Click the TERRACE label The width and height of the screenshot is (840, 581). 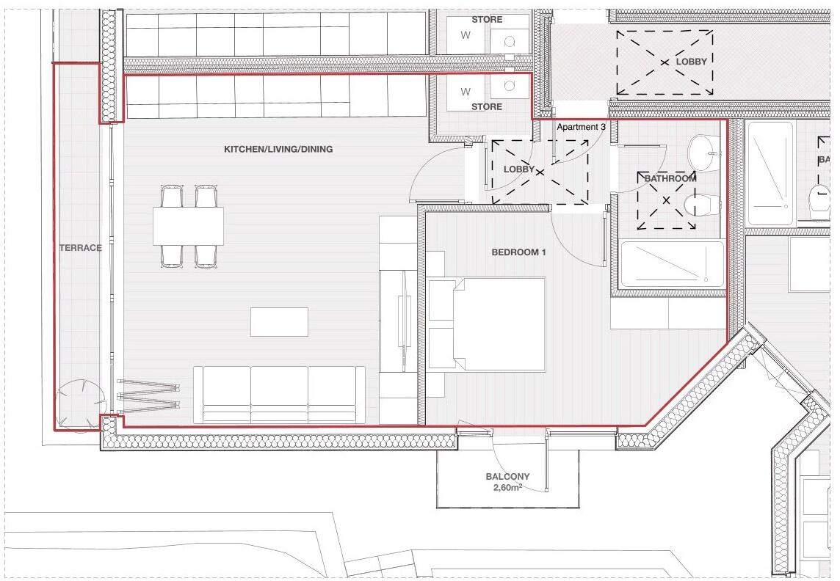tap(80, 248)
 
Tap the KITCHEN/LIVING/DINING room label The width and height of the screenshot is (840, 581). tap(278, 150)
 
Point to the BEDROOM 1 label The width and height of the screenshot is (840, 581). tap(518, 252)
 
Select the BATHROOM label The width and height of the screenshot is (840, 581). tap(670, 178)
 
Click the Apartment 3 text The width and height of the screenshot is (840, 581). tap(581, 127)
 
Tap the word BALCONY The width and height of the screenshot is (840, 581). tap(507, 476)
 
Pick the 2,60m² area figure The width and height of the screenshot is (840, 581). tap(507, 487)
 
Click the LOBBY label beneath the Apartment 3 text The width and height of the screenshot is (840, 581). tap(519, 169)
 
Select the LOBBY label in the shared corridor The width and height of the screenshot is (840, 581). tap(691, 62)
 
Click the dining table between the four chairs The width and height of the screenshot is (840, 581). tap(189, 226)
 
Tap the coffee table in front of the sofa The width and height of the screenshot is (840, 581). tap(279, 321)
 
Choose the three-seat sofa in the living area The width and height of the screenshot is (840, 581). tap(279, 395)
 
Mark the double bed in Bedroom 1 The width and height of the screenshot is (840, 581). tap(487, 324)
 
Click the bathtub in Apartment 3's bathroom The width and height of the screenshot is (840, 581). tap(672, 263)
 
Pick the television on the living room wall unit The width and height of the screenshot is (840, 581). tap(402, 321)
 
